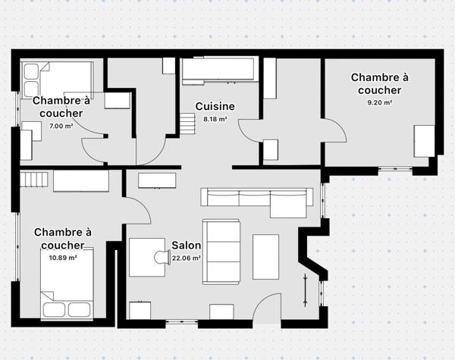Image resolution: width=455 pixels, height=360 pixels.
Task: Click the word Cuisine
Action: pos(215,107)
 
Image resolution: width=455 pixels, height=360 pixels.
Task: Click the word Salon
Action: pos(186,246)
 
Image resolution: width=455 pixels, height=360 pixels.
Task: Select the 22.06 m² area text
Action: pos(186,258)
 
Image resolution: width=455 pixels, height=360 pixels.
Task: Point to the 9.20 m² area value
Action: pos(379,102)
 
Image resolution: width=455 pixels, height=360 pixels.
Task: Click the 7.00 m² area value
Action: pos(61,125)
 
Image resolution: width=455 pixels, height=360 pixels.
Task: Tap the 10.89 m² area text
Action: pos(62,258)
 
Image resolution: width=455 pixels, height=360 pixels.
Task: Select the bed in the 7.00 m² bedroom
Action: pos(57,77)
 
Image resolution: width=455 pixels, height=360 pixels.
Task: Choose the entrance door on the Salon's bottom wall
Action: pos(267,307)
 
